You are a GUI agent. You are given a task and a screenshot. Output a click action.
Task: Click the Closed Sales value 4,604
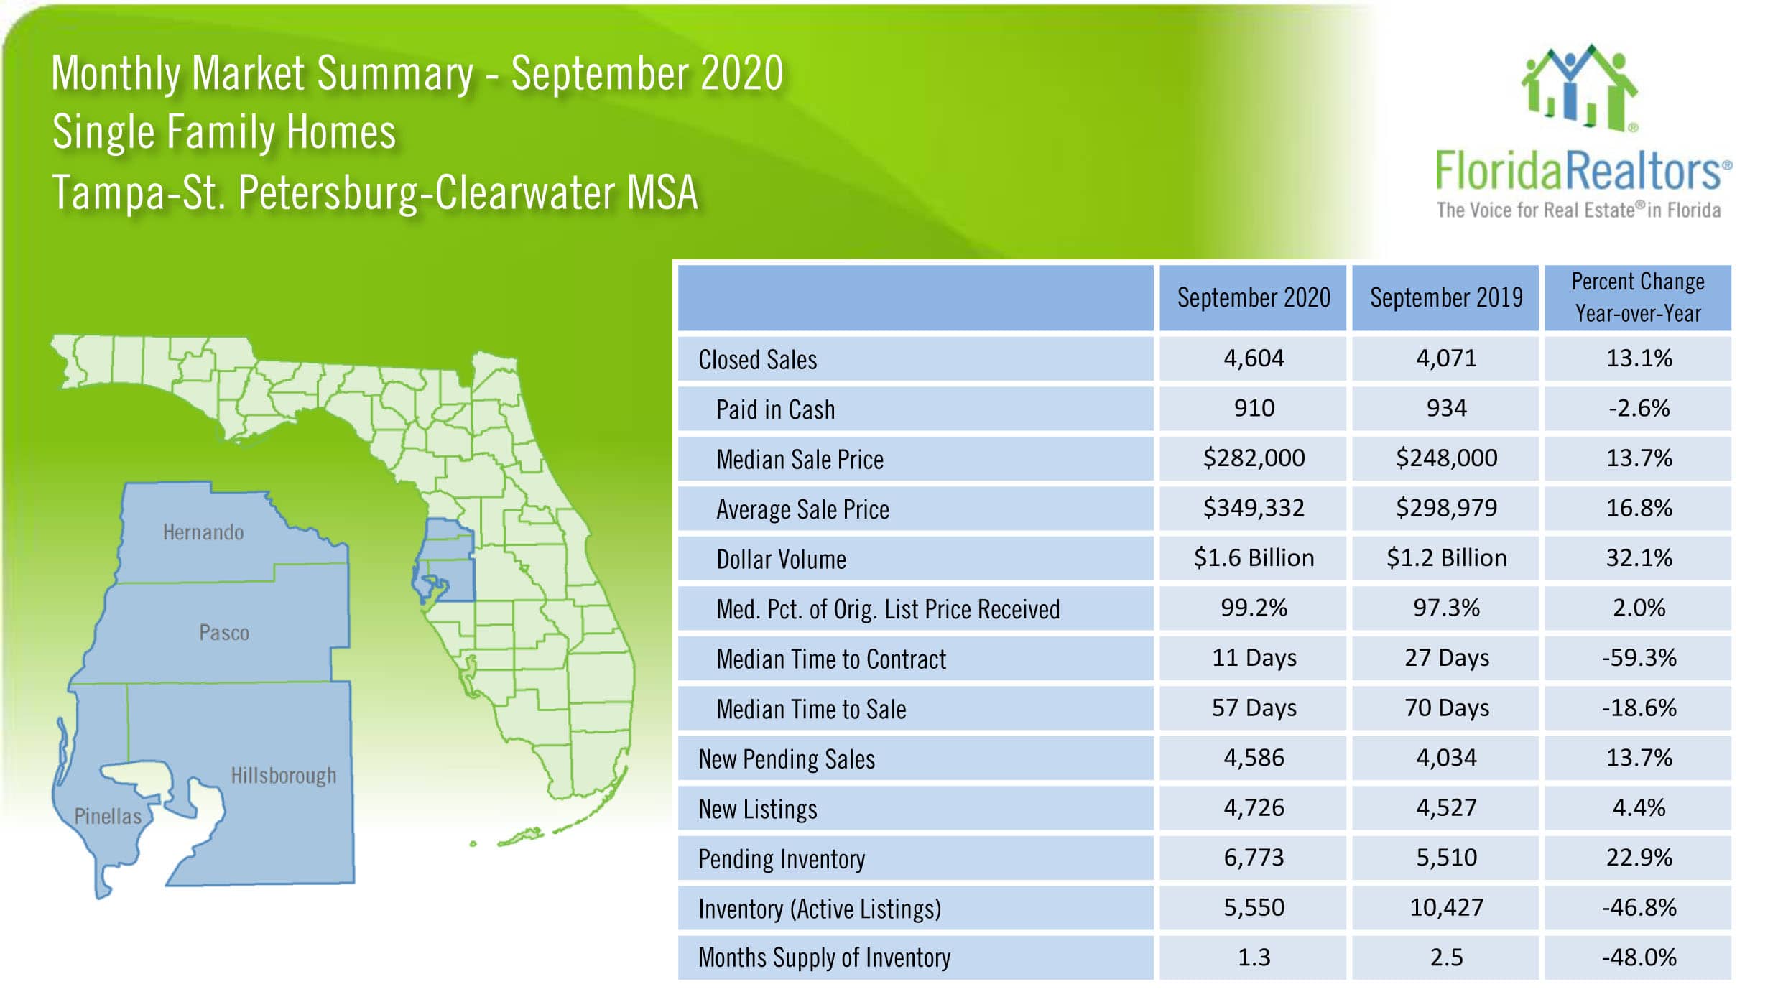click(1253, 358)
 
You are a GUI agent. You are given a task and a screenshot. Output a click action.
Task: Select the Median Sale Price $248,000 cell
click(1445, 458)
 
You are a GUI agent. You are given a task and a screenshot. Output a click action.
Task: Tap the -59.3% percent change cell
click(1638, 657)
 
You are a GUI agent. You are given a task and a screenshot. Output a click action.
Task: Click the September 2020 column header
click(1253, 297)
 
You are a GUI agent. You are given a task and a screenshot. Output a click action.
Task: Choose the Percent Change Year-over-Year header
click(1638, 297)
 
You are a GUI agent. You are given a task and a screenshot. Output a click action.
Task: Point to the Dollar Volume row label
click(781, 559)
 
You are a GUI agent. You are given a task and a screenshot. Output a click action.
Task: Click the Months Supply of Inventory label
click(824, 957)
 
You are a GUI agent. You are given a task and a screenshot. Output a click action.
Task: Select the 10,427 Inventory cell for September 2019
click(1445, 907)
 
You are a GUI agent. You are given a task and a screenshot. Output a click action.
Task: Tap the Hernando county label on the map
click(203, 532)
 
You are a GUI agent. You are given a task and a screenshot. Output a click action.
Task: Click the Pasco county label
click(224, 633)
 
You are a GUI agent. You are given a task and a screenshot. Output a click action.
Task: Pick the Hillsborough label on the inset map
click(283, 776)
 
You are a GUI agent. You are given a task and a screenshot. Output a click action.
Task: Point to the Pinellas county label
click(108, 816)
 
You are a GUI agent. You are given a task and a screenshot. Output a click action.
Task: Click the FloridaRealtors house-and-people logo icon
click(1579, 88)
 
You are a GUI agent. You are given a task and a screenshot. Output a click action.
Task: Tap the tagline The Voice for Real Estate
click(1578, 210)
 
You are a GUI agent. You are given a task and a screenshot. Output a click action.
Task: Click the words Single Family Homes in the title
click(223, 132)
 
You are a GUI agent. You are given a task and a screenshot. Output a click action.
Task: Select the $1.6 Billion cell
click(1253, 558)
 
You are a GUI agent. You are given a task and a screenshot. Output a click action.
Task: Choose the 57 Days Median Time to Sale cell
click(1253, 708)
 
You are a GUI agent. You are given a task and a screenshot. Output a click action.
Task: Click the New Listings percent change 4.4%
click(1638, 807)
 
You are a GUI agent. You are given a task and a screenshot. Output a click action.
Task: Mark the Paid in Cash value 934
click(1445, 408)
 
